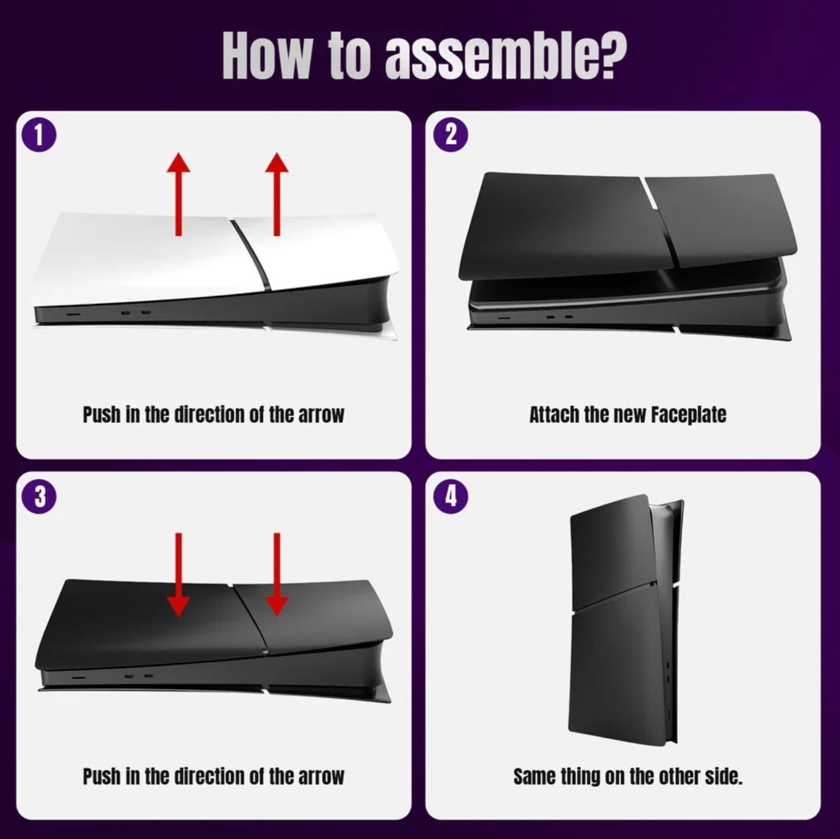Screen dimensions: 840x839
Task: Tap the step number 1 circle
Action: (39, 137)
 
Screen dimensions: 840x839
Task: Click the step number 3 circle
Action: (39, 496)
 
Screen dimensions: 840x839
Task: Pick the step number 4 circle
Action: (450, 496)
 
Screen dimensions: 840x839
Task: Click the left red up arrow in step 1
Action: (179, 194)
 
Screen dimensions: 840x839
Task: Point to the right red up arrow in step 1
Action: (277, 194)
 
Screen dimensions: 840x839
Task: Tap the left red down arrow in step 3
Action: (179, 574)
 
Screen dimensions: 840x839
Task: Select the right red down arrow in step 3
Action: (277, 574)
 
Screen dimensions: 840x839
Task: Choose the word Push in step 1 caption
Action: (101, 414)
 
